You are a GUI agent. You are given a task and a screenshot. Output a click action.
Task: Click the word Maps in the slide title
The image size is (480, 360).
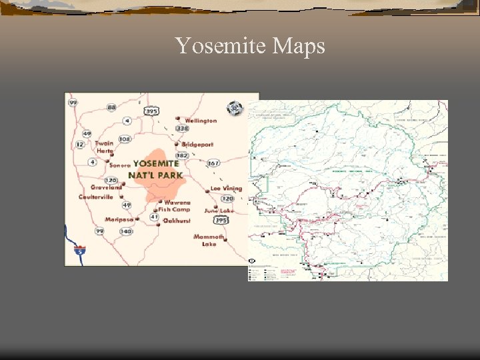click(295, 47)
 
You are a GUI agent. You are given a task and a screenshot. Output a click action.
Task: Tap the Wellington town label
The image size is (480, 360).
click(201, 121)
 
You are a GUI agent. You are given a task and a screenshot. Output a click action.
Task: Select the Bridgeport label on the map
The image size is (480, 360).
click(198, 144)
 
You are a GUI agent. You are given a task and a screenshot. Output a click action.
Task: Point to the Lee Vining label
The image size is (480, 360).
click(226, 189)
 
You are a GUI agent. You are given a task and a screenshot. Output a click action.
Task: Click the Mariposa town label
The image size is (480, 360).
click(119, 219)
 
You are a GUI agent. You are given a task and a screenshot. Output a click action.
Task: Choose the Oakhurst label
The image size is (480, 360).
click(177, 221)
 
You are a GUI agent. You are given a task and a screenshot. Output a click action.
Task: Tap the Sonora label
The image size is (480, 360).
click(120, 165)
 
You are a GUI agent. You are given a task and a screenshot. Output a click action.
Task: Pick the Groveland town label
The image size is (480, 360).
click(107, 187)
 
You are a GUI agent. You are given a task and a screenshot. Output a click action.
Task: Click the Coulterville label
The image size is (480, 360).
click(96, 197)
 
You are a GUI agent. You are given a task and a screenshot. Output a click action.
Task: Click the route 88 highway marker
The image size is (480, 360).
click(111, 107)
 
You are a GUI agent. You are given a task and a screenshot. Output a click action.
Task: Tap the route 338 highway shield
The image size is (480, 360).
click(182, 128)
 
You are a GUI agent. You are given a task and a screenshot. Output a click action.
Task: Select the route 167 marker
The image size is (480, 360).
click(213, 163)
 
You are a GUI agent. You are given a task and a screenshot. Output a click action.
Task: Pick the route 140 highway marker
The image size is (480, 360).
click(125, 231)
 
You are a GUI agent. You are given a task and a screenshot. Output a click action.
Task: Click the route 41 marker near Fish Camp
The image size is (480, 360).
click(155, 217)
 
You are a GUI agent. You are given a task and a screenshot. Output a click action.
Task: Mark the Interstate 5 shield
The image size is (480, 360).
click(81, 251)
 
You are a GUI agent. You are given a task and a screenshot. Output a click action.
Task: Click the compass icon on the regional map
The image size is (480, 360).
click(234, 108)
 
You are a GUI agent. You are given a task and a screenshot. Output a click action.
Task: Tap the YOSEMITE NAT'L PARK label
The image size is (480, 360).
click(156, 169)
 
